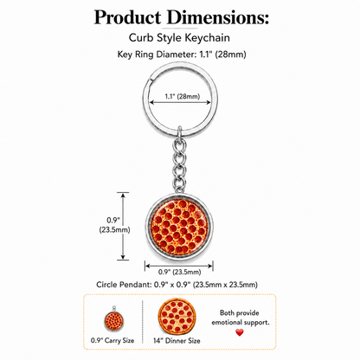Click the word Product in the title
(x=127, y=18)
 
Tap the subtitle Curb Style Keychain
(x=179, y=38)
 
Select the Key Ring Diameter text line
(x=182, y=55)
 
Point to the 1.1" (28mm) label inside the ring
(x=183, y=96)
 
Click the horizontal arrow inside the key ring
(x=180, y=102)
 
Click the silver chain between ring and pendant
(x=179, y=163)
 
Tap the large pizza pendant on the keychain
(x=179, y=227)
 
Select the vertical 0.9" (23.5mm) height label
(x=114, y=225)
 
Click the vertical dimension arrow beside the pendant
(x=123, y=226)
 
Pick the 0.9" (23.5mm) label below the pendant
(x=179, y=272)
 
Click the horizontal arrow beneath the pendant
(x=179, y=266)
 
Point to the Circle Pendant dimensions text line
(x=177, y=285)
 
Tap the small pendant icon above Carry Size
(x=113, y=319)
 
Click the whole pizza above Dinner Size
(x=177, y=316)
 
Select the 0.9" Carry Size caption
(x=112, y=341)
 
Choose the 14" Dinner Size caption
(x=177, y=341)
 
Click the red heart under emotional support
(x=240, y=332)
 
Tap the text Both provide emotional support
(x=241, y=318)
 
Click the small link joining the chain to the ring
(x=180, y=132)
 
